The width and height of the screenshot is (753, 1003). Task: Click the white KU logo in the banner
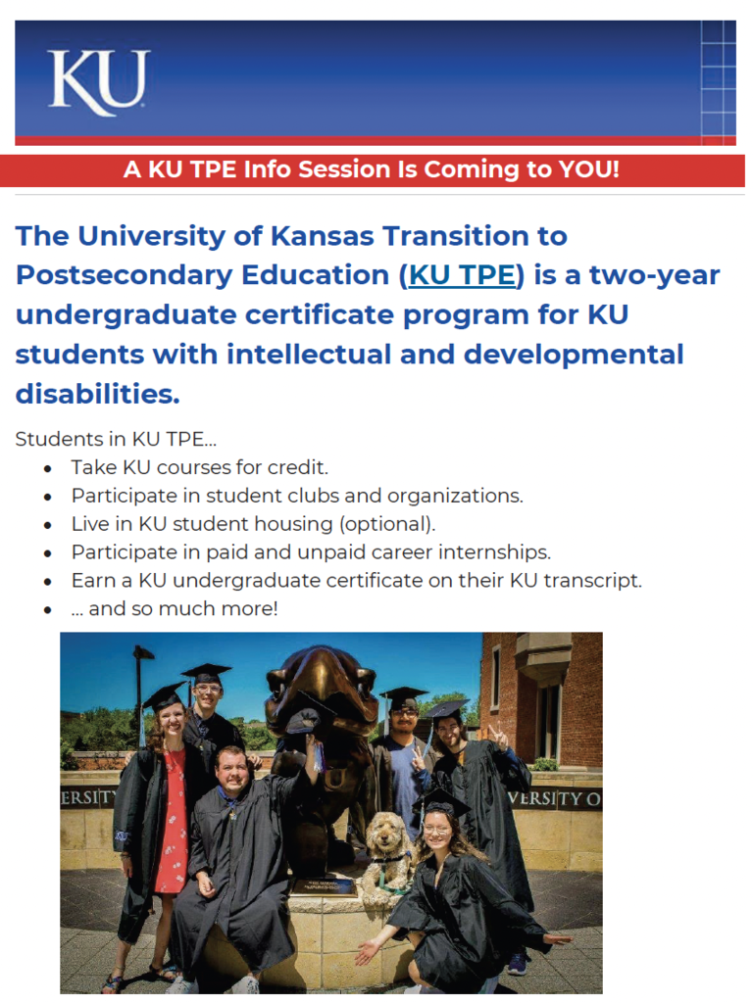point(99,82)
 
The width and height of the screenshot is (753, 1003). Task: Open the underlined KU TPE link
point(462,275)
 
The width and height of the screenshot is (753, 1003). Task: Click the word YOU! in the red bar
point(588,169)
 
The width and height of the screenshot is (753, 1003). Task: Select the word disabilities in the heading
point(97,394)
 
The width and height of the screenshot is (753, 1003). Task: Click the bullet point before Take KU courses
point(47,469)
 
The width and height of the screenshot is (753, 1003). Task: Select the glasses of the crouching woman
point(436,830)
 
